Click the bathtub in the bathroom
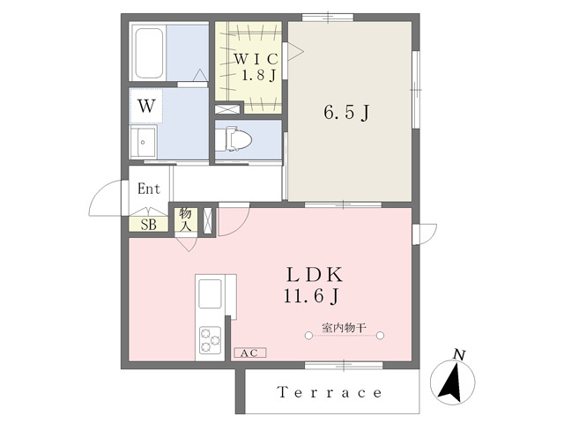(x=149, y=53)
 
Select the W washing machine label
(x=147, y=106)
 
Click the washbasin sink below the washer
(x=143, y=142)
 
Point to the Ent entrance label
(x=149, y=189)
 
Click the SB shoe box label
(x=149, y=225)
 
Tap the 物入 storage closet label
(x=186, y=219)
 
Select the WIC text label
(x=256, y=59)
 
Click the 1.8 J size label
(x=258, y=76)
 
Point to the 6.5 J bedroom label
(x=346, y=113)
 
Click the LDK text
(x=315, y=275)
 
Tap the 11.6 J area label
(x=311, y=297)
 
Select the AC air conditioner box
(x=250, y=352)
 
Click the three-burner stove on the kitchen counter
(x=211, y=340)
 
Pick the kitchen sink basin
(x=210, y=293)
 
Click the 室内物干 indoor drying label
(x=344, y=328)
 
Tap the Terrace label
(x=330, y=392)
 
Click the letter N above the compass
(x=459, y=355)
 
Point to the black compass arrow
(x=451, y=383)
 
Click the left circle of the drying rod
(x=308, y=336)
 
